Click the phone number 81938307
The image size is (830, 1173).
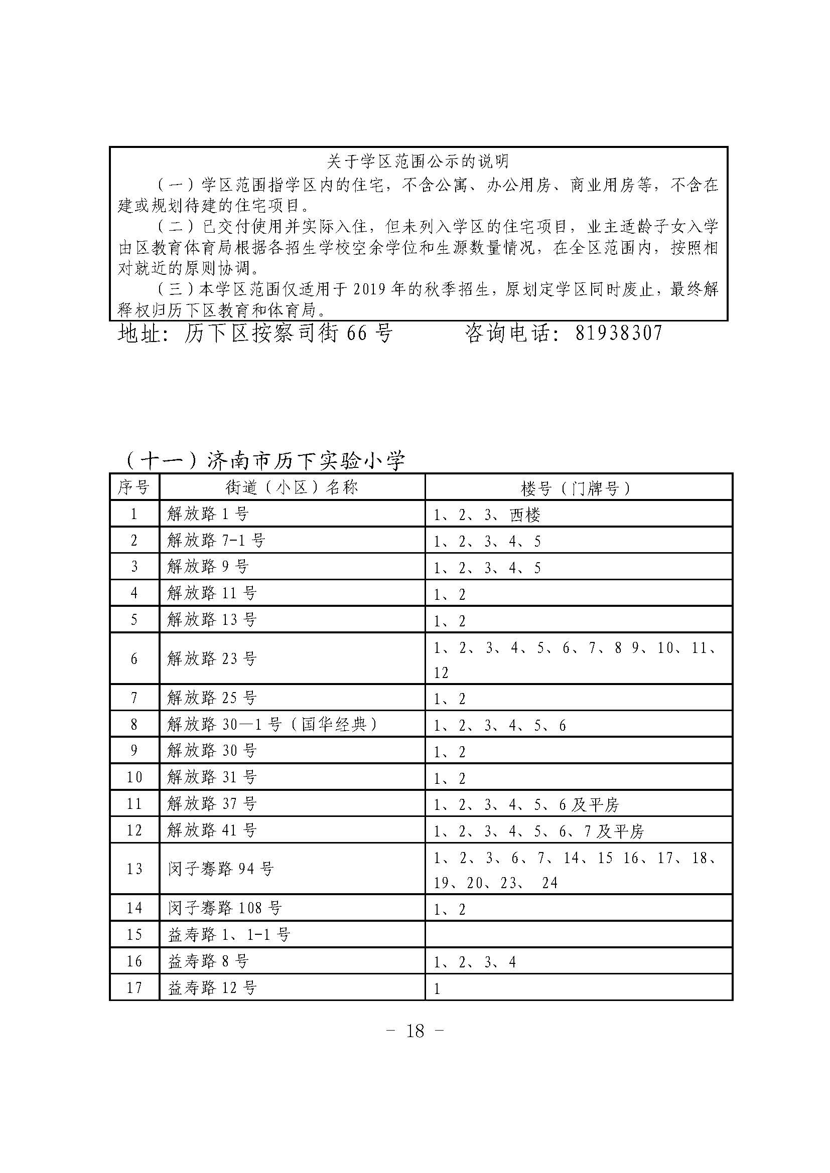[618, 333]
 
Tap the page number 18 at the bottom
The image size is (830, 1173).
[415, 1031]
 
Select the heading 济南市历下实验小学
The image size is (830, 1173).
[306, 461]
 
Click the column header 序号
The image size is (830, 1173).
[134, 487]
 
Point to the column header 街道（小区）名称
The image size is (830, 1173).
[292, 487]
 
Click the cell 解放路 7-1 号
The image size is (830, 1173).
[216, 541]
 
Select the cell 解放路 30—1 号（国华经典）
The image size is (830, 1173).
[272, 725]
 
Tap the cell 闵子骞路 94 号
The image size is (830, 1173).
[221, 869]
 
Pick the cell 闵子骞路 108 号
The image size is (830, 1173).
[224, 908]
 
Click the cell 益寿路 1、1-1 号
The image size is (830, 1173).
[229, 934]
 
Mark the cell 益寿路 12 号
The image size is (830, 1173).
[212, 987]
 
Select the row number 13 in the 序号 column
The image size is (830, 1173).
[134, 869]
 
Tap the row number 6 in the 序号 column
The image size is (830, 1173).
[134, 658]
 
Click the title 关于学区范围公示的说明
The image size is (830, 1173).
[418, 162]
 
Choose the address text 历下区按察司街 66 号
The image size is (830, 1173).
[288, 333]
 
